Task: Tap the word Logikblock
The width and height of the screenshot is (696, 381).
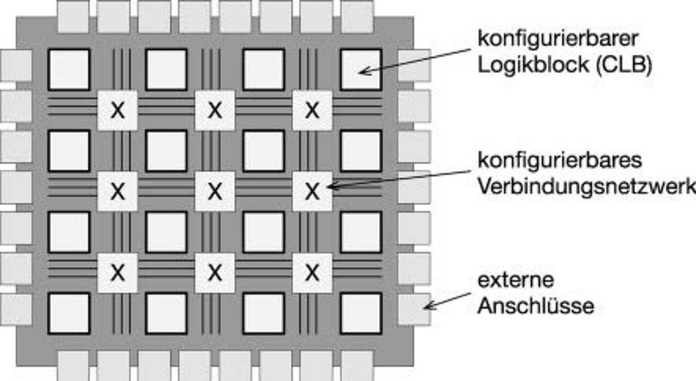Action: pyautogui.click(x=533, y=65)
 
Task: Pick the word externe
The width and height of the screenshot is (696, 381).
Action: pyautogui.click(x=516, y=280)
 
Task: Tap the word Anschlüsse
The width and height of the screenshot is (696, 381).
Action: pyautogui.click(x=535, y=306)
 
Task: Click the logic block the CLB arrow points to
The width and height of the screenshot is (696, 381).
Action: pyautogui.click(x=361, y=70)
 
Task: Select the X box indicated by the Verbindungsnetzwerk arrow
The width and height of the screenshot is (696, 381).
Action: pyautogui.click(x=312, y=191)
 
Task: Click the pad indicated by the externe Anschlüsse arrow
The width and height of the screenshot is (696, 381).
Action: pyautogui.click(x=414, y=310)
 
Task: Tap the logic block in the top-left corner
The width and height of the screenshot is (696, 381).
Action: pyautogui.click(x=69, y=70)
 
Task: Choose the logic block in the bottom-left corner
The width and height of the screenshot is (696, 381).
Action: pyautogui.click(x=69, y=314)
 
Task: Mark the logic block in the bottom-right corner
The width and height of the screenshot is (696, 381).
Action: pyautogui.click(x=361, y=314)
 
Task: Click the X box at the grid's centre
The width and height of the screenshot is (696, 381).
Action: pyautogui.click(x=215, y=191)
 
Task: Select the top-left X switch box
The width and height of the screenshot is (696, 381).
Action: pyautogui.click(x=117, y=110)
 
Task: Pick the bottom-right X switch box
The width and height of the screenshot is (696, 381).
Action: pyautogui.click(x=312, y=273)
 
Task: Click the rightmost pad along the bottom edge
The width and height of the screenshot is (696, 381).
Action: pyautogui.click(x=357, y=366)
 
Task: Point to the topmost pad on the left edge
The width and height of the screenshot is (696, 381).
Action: pyautogui.click(x=16, y=66)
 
